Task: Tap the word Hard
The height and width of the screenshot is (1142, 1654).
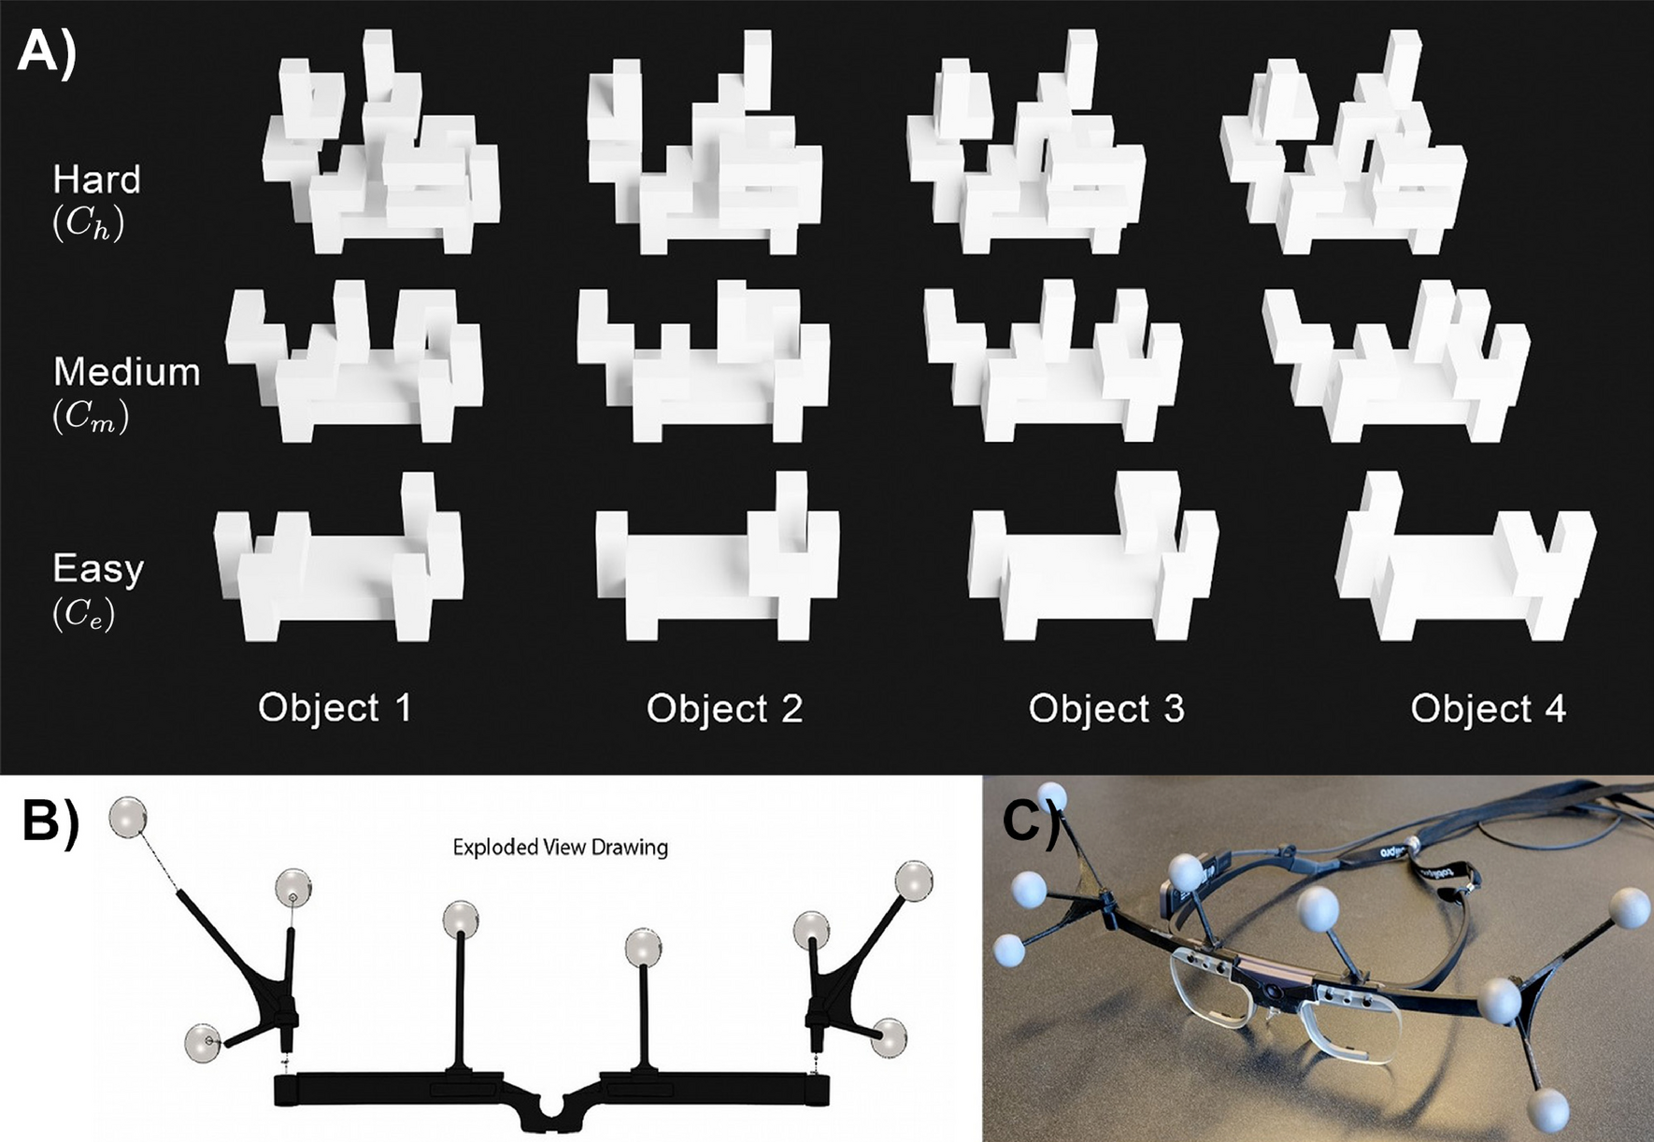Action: coord(96,179)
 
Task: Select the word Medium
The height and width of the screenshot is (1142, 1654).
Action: coord(126,372)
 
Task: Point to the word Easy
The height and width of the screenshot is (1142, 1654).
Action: coord(98,568)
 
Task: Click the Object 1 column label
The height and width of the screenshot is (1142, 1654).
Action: coord(335,707)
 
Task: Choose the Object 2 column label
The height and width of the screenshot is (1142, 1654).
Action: coord(724,708)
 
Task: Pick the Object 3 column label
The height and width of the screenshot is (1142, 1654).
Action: coord(1106,708)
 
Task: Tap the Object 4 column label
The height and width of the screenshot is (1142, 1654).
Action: coord(1488,708)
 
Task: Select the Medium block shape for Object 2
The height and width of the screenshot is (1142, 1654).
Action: coord(703,364)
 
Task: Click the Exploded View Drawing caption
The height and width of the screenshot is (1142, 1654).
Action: coord(560,848)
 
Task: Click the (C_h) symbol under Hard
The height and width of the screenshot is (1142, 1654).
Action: coord(88,224)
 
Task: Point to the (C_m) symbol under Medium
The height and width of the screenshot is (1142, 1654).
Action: coord(91,416)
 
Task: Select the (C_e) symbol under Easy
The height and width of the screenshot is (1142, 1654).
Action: coord(84,612)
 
